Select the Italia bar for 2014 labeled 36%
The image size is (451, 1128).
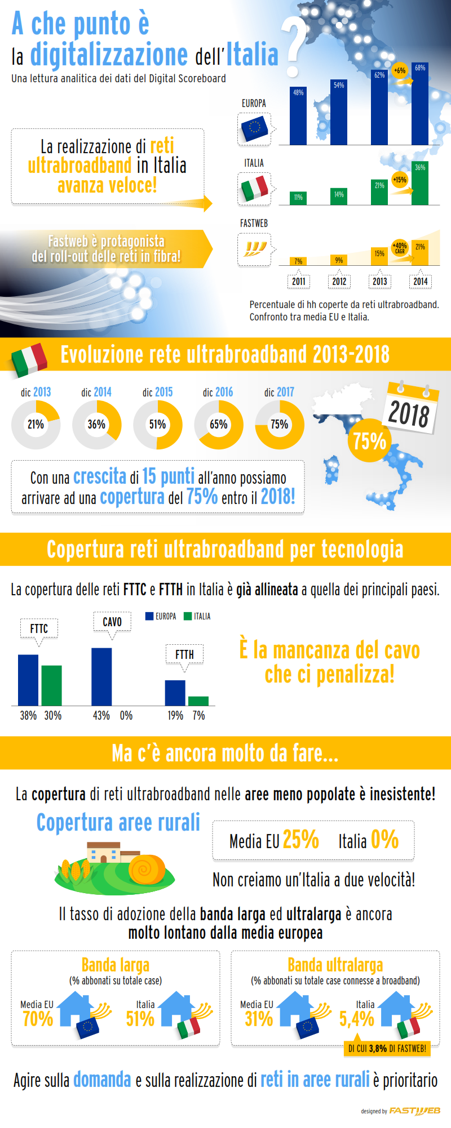420,184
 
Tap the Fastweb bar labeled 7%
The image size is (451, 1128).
298,261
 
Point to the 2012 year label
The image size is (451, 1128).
339,282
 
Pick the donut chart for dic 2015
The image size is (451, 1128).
157,425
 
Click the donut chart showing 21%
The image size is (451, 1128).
36,425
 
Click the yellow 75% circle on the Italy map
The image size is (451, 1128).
370,440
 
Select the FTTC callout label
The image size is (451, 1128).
39,628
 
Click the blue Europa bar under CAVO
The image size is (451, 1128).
101,676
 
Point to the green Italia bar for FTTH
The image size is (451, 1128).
198,701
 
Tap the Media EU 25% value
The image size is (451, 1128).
300,840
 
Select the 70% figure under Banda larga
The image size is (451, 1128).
38,1019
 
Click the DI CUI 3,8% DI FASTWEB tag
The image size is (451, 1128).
387,1048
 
